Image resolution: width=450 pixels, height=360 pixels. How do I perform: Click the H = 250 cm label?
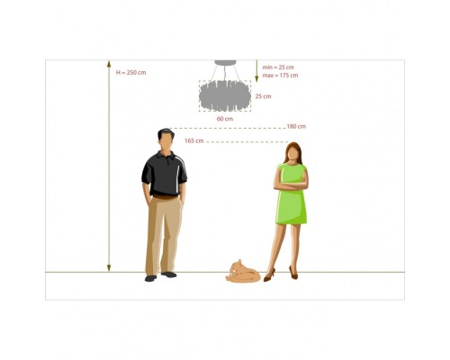click(x=131, y=73)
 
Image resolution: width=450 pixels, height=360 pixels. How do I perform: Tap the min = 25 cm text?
click(x=278, y=67)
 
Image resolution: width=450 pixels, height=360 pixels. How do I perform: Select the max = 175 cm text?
click(x=280, y=76)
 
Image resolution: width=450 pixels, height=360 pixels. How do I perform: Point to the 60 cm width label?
click(x=225, y=119)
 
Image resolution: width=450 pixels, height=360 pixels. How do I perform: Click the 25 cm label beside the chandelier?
click(x=263, y=96)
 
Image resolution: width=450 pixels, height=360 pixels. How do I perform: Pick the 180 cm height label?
click(x=296, y=126)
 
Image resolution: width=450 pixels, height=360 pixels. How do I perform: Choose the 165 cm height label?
click(x=194, y=140)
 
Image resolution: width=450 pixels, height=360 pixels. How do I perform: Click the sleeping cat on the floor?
click(x=243, y=272)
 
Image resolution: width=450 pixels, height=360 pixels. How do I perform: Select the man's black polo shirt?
click(x=164, y=174)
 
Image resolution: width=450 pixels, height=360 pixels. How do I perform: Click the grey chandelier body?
click(x=225, y=96)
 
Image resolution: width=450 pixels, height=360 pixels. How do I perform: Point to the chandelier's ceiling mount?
click(x=225, y=63)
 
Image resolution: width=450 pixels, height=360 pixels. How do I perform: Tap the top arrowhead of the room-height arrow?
click(x=109, y=64)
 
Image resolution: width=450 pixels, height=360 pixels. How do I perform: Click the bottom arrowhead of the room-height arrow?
click(x=109, y=268)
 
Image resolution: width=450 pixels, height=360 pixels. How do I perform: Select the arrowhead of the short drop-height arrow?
click(x=256, y=78)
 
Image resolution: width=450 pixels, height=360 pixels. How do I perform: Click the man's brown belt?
click(x=166, y=197)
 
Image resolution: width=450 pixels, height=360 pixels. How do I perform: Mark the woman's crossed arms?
click(x=291, y=185)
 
